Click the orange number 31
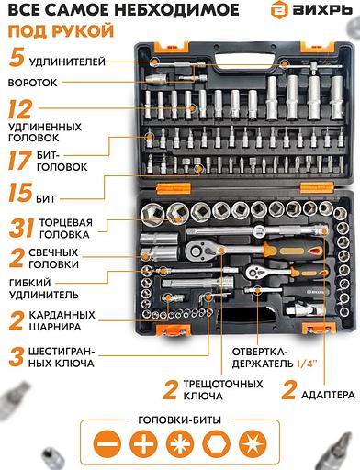tap(23, 226)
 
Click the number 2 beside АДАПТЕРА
tap(290, 392)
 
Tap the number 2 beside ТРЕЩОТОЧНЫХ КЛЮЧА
tap(170, 389)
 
